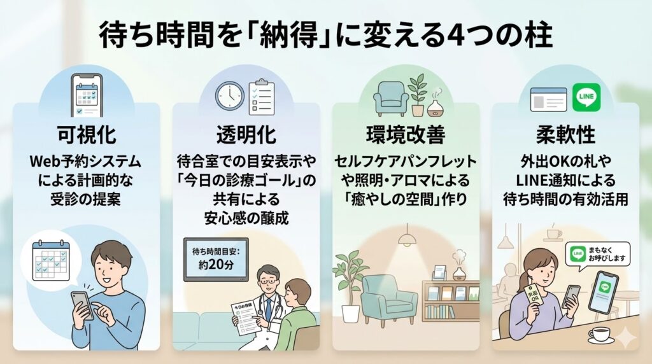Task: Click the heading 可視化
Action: pyautogui.click(x=86, y=135)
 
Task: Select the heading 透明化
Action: pyautogui.click(x=245, y=135)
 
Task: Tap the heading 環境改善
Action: pyautogui.click(x=406, y=135)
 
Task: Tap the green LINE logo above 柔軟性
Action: pyautogui.click(x=585, y=97)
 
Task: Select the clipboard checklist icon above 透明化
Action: pyautogui.click(x=260, y=95)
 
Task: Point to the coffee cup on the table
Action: pyautogui.click(x=599, y=333)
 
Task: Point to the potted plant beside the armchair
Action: pyautogui.click(x=349, y=280)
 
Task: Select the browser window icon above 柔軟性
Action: pyautogui.click(x=548, y=99)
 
